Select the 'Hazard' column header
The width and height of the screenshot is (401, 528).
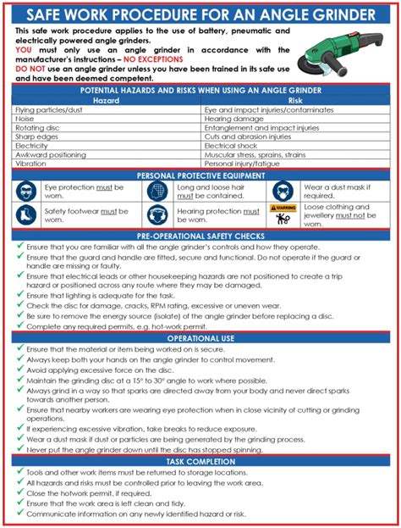tap(107, 99)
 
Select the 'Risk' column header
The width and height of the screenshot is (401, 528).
tap(295, 99)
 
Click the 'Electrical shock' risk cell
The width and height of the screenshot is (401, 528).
tap(232, 146)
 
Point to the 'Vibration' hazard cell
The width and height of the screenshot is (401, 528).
tap(31, 164)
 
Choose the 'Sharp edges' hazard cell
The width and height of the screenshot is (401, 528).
tap(36, 136)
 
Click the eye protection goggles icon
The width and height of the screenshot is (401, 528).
tap(26, 190)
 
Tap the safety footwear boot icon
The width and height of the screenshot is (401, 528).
tap(26, 214)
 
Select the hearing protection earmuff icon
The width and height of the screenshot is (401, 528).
tap(157, 214)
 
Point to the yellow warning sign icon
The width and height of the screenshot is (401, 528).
tap(283, 207)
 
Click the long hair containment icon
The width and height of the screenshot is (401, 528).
tap(157, 190)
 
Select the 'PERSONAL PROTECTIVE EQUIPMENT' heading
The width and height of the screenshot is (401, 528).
tap(200, 175)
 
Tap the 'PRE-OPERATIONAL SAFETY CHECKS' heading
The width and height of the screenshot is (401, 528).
tap(200, 236)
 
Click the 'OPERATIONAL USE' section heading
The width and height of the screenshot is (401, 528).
tap(200, 336)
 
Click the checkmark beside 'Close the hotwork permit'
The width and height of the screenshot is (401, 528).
tap(19, 491)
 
